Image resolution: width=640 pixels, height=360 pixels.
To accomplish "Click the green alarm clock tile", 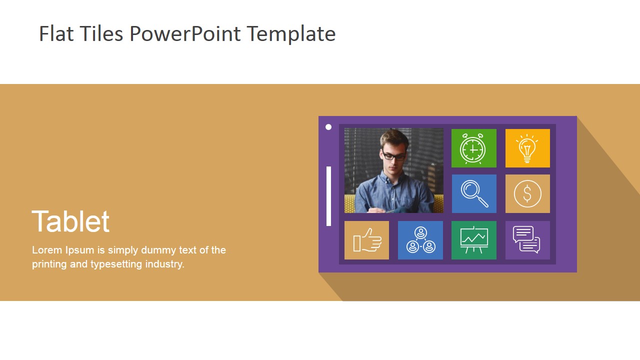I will (x=473, y=148).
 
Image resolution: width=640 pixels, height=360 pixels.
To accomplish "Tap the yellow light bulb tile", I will (x=527, y=148).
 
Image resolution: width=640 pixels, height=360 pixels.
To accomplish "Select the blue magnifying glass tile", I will (x=473, y=193).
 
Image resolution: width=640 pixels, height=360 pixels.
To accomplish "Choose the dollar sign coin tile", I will (x=527, y=193).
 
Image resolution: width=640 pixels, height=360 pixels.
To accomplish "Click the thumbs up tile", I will (x=366, y=240).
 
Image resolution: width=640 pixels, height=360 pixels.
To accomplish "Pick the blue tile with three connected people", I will (x=420, y=240).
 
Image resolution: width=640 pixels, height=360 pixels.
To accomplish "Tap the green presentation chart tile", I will (x=473, y=240).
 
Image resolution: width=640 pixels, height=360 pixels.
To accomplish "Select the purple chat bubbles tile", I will (x=527, y=240).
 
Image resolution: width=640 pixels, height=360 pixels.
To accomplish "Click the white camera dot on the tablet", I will (x=328, y=127).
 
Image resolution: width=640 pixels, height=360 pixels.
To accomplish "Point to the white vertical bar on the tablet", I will (x=328, y=196).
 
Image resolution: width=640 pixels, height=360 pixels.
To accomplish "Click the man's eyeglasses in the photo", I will (x=393, y=156).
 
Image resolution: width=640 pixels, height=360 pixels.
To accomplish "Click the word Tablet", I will (x=70, y=221).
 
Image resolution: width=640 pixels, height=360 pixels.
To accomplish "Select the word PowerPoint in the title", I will (x=185, y=34).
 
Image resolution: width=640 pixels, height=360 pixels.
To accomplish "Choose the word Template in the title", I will (x=290, y=34).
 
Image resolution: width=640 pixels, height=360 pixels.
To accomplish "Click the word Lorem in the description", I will (x=47, y=250).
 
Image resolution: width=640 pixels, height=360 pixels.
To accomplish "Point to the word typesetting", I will (x=116, y=264).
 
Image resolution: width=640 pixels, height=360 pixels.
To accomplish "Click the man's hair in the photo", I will (x=394, y=137).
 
